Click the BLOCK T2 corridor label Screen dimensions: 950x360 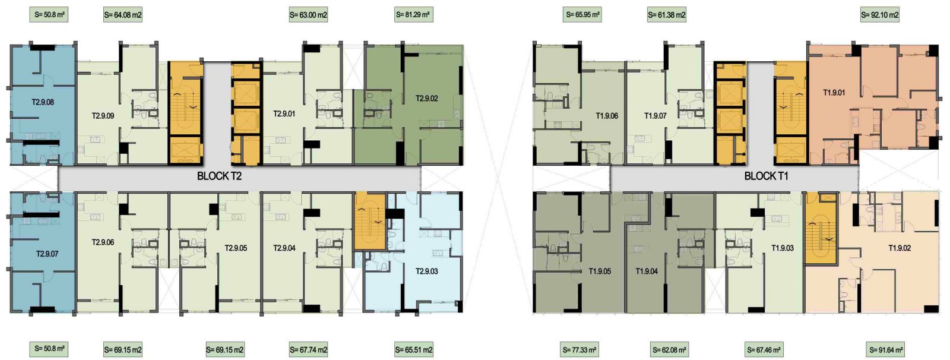(x=219, y=176)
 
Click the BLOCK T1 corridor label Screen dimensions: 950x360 (x=766, y=176)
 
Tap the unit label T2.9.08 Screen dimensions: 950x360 (x=43, y=102)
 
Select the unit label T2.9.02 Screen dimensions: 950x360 (x=427, y=99)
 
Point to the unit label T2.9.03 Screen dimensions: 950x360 (x=427, y=271)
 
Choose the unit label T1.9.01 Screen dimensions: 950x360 (x=834, y=93)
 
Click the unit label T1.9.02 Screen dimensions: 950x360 (x=900, y=248)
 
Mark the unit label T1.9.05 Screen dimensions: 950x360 (x=600, y=271)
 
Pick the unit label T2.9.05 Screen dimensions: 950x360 (x=236, y=248)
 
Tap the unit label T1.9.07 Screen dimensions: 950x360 (x=655, y=115)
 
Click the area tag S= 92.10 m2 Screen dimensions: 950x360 (x=879, y=15)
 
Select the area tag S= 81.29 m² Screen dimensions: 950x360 (x=413, y=15)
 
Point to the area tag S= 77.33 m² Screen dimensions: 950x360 (x=579, y=350)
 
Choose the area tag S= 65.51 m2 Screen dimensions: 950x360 (x=413, y=350)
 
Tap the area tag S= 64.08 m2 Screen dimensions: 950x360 (x=122, y=15)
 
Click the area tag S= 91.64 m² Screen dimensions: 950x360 (x=886, y=350)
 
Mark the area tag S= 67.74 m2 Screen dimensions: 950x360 (x=308, y=350)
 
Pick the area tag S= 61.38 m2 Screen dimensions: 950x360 (x=667, y=15)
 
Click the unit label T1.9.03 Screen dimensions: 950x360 (x=783, y=248)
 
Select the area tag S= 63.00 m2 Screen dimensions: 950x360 (x=308, y=15)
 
